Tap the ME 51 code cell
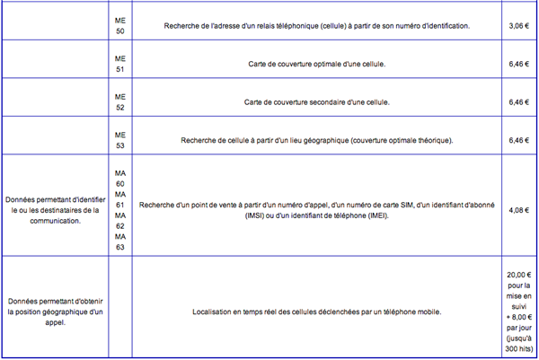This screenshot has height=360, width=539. (120, 64)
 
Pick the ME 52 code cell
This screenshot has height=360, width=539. (120, 102)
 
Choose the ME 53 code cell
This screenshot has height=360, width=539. (120, 141)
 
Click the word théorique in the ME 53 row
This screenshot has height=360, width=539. (433, 141)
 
